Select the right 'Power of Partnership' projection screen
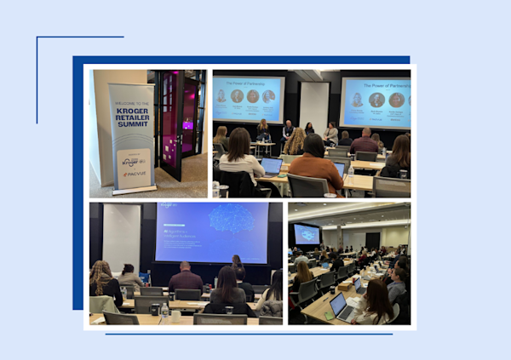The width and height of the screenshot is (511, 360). coord(376,100)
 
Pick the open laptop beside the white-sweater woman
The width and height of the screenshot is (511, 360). coord(271,166)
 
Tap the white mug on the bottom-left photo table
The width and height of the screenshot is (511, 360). coord(175,315)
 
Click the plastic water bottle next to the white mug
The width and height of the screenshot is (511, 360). coord(164,312)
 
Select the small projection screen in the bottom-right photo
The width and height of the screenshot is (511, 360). coord(306,234)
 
